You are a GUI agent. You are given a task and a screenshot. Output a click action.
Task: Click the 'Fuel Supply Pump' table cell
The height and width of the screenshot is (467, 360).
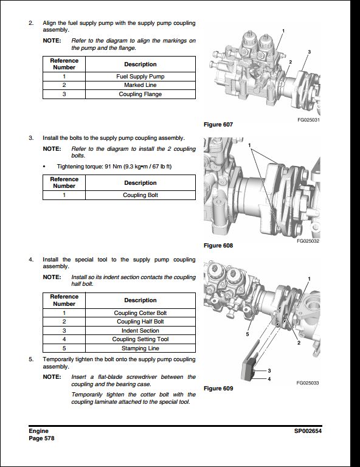point(140,77)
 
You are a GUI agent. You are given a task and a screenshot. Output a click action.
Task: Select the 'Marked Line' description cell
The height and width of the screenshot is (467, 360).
point(140,86)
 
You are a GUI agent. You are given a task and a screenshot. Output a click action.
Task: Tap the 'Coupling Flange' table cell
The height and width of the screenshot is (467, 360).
point(140,94)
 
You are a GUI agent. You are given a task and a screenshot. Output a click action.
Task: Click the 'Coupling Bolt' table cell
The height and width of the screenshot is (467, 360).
point(140,196)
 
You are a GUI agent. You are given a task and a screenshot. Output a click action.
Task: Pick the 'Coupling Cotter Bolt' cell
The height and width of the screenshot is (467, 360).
point(140,313)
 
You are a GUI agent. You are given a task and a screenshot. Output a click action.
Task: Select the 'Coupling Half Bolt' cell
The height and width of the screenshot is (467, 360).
point(140,322)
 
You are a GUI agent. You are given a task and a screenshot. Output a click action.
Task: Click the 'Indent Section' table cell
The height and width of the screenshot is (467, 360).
point(140,331)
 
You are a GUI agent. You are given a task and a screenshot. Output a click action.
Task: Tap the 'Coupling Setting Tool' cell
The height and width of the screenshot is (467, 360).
point(140,339)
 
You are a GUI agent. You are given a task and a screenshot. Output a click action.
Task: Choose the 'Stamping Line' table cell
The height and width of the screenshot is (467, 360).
point(140,348)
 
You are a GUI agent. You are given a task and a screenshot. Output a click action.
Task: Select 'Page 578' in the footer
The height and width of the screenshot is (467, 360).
point(41,438)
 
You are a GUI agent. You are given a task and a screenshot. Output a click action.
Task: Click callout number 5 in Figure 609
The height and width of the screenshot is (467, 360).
point(247,334)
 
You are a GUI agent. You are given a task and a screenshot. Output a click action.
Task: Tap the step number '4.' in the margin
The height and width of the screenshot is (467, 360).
point(31,260)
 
